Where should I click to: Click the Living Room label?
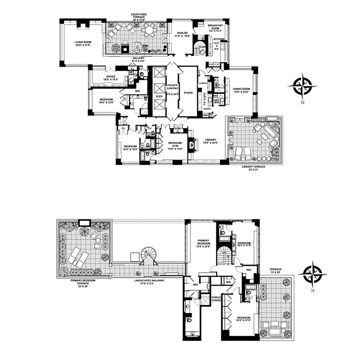click(x=83, y=44)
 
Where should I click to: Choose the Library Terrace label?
click(x=253, y=167)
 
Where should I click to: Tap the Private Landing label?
click(x=172, y=89)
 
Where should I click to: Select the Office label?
click(x=111, y=78)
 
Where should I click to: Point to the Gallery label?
click(x=138, y=59)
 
